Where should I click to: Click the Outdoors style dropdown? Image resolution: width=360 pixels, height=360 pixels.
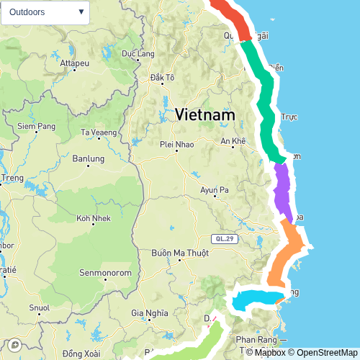45,12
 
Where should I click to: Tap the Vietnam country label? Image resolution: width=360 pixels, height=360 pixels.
205,114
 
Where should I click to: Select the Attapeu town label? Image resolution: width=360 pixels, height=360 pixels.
73,63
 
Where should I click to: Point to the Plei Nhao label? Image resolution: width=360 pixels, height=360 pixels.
176,143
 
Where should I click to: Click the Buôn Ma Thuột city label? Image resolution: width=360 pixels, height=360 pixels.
180,253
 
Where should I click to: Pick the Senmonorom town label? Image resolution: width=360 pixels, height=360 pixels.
104,274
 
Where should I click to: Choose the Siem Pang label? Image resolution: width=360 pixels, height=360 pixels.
37,127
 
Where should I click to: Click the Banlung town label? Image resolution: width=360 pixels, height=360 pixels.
89,158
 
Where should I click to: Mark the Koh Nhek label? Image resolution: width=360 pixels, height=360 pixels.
92,218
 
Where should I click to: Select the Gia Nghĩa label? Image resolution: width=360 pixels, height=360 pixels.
150,312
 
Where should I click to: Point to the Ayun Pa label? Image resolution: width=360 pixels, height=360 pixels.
215,190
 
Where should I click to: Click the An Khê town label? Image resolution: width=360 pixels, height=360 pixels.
233,140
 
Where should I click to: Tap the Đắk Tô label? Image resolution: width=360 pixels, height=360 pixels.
162,77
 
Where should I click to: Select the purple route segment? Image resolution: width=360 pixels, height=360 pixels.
282,192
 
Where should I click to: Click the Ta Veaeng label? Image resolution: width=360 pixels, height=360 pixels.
99,132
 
